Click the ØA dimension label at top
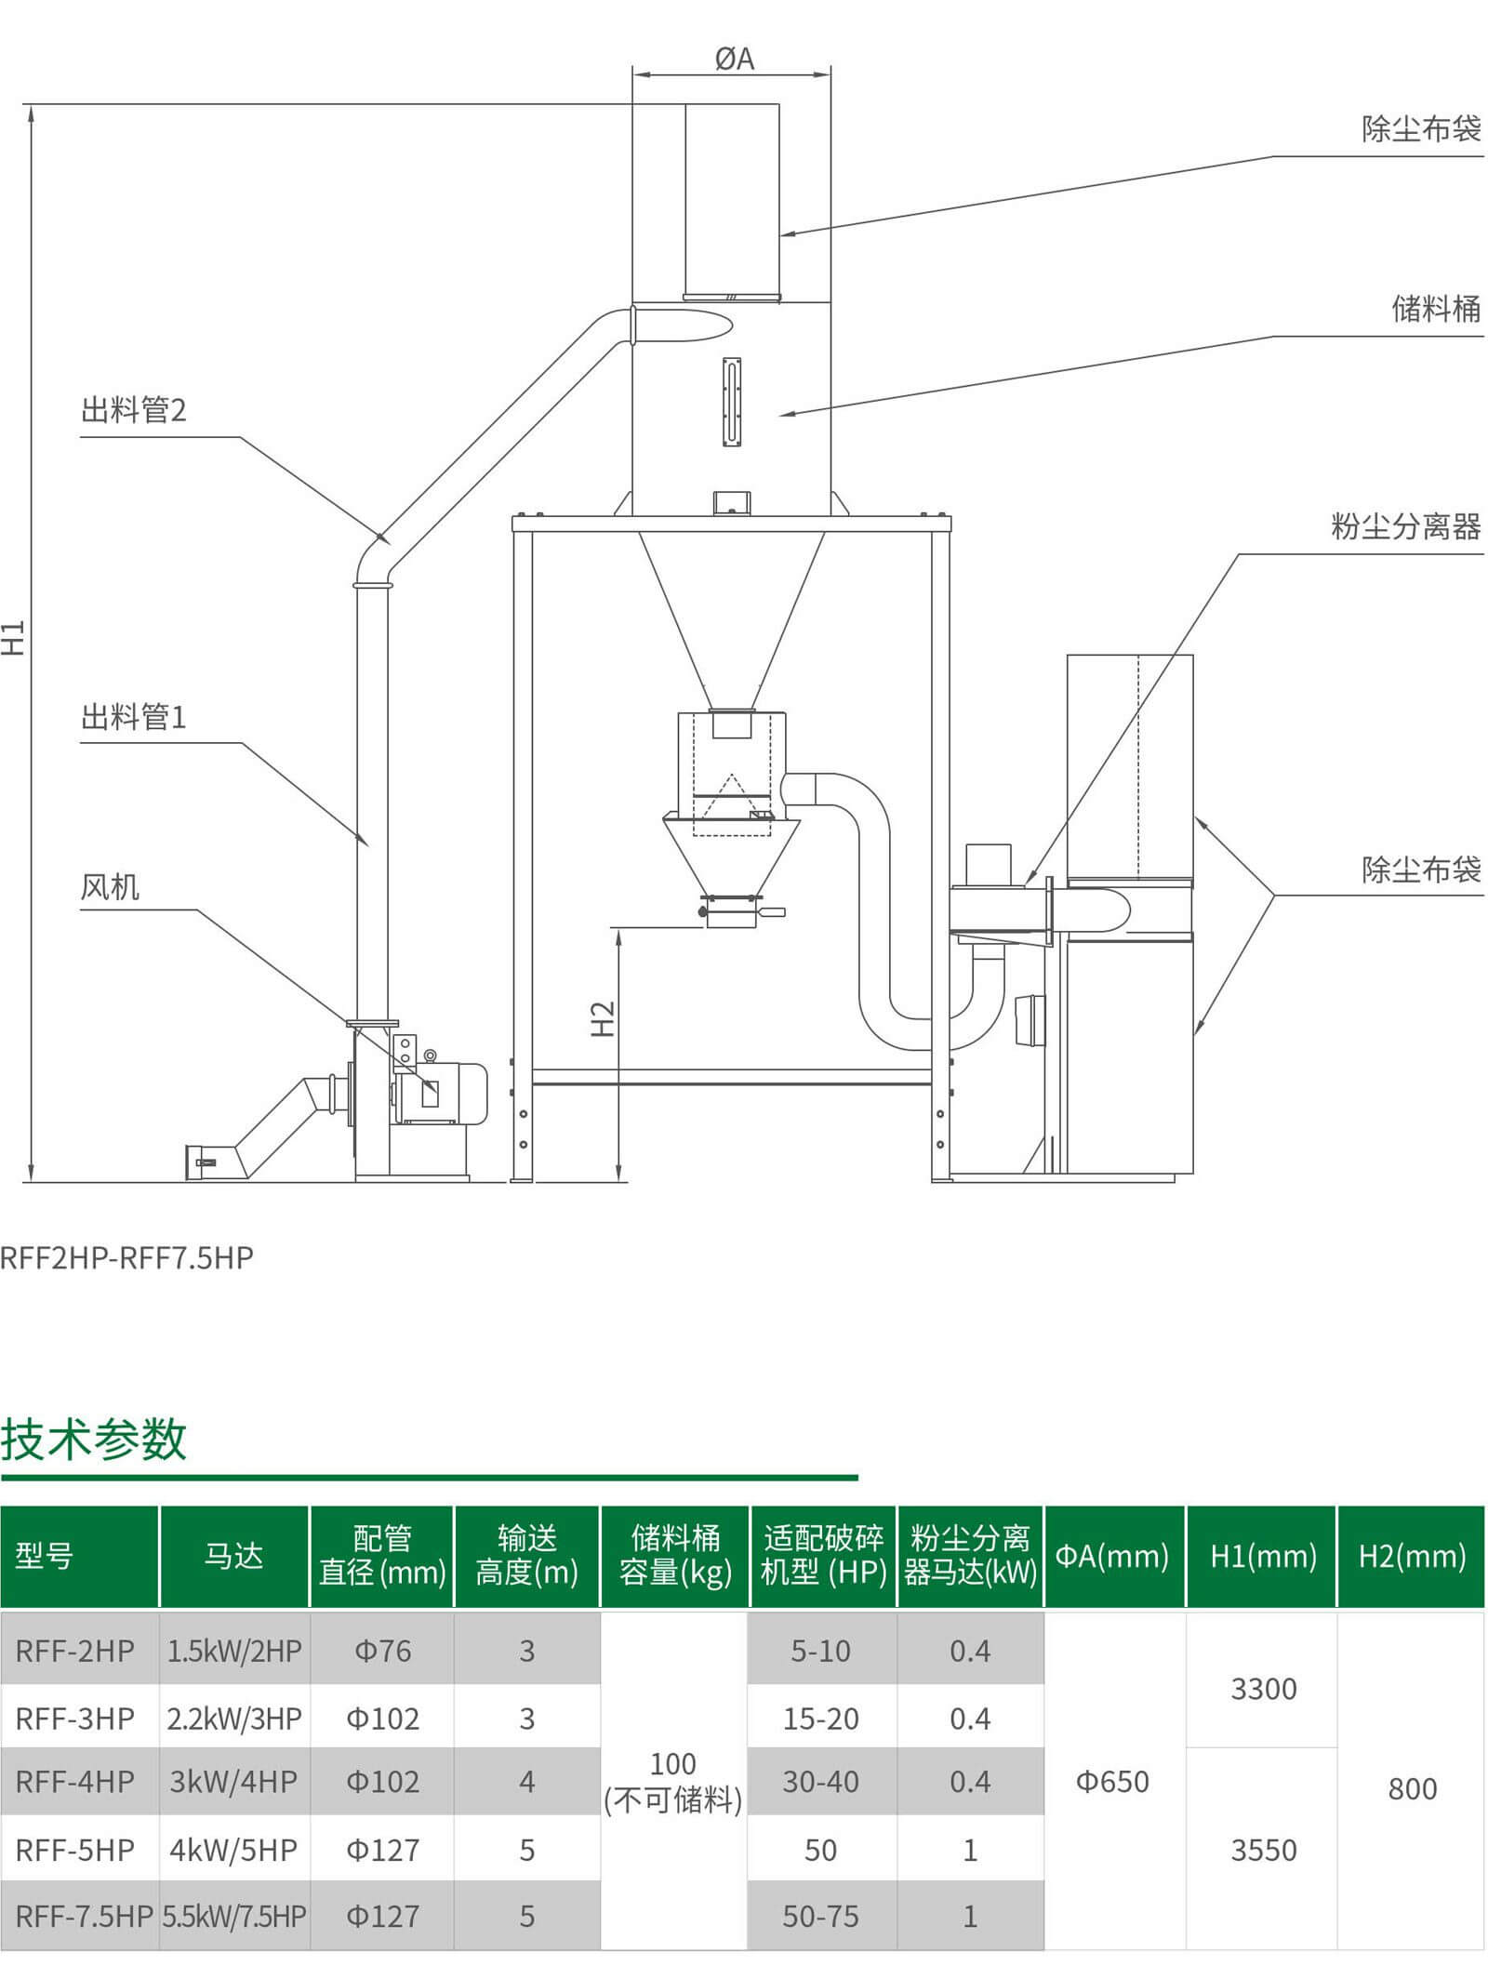pos(734,60)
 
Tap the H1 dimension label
pos(14,637)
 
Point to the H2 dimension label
pos(604,1018)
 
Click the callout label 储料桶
pos(1435,309)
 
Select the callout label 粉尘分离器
pos(1405,527)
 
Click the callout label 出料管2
pos(134,410)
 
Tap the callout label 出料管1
pos(134,717)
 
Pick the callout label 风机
pos(110,887)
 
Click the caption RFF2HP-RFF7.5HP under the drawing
pos(126,1257)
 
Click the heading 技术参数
pos(94,1440)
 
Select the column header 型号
pos(44,1556)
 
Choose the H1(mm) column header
pos(1263,1556)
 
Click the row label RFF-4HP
pos(75,1781)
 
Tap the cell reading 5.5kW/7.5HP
pos(234,1916)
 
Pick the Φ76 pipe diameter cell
pos(382,1651)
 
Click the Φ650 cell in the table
pos(1112,1782)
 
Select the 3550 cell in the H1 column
pos(1263,1850)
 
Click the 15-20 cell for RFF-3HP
pos(820,1719)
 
